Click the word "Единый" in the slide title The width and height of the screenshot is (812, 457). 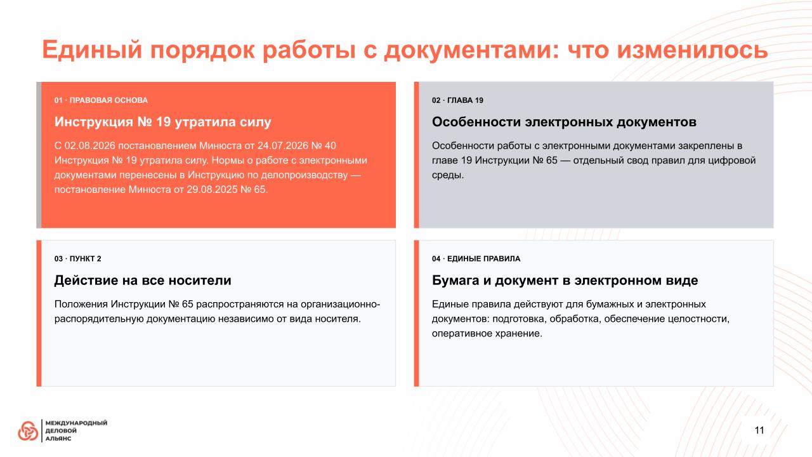point(92,50)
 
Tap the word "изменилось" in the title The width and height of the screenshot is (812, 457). point(692,50)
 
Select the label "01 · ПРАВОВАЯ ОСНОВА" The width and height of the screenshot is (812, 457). point(101,100)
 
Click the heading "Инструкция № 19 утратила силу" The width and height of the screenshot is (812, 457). point(163,122)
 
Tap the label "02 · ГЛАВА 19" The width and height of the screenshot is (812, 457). point(457,100)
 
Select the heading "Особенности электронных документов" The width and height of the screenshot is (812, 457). point(564,122)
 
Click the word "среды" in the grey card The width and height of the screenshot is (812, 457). point(447,176)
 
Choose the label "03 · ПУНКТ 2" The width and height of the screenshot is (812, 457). point(77,258)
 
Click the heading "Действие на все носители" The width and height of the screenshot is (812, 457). point(143,281)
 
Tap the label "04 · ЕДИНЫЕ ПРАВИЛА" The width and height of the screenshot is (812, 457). point(476,258)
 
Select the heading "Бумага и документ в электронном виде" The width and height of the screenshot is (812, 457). point(565,281)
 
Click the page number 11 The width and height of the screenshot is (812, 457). point(759,430)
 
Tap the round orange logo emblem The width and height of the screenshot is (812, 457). point(28,431)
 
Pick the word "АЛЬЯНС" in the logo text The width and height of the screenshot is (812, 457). point(58,439)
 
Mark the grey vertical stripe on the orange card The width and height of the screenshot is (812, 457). point(39,155)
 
